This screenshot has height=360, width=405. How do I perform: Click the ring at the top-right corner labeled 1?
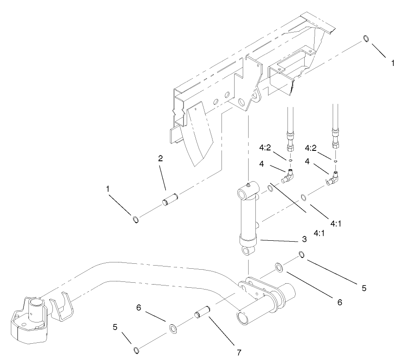pyautogui.click(x=367, y=39)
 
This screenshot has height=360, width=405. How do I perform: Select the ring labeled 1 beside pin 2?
pyautogui.click(x=136, y=220)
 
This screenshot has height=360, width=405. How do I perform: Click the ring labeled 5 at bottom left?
pyautogui.click(x=136, y=350)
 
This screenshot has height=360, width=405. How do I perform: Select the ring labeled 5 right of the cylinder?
pyautogui.click(x=301, y=256)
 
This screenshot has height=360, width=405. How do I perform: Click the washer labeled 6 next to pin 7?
pyautogui.click(x=173, y=328)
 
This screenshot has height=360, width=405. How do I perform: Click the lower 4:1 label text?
pyautogui.click(x=310, y=234)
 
